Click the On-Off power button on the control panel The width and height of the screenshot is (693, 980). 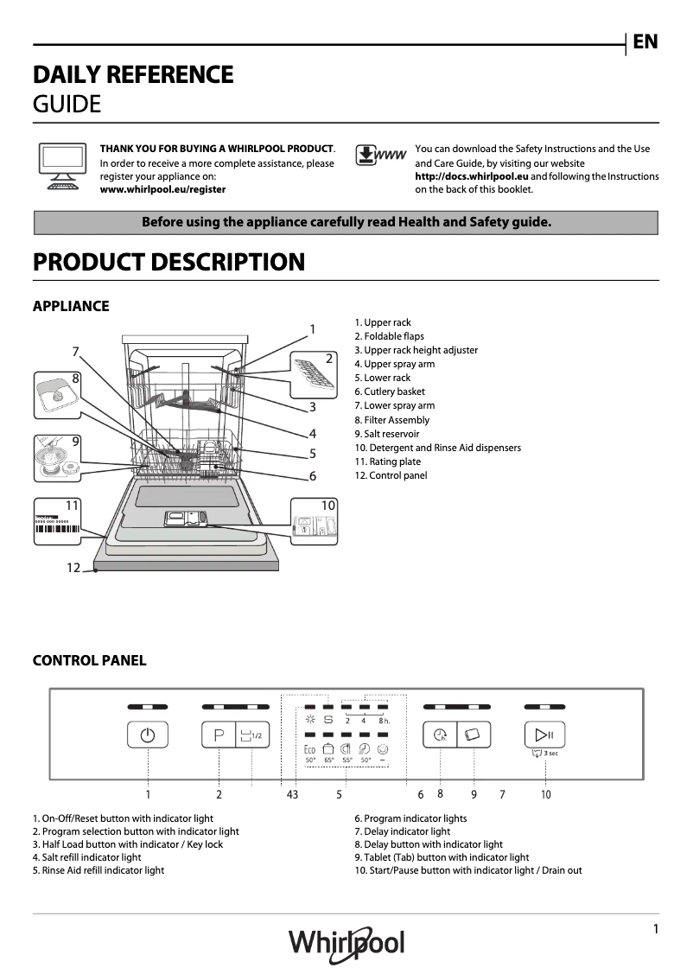(x=148, y=735)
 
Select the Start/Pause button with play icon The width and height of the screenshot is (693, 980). (x=544, y=735)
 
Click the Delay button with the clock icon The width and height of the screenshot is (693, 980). (x=440, y=735)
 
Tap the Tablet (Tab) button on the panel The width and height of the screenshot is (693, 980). (x=474, y=735)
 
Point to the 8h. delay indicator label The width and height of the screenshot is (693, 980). (x=384, y=720)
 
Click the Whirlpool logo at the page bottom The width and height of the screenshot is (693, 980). (x=346, y=942)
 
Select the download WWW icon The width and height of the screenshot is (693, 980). (x=380, y=156)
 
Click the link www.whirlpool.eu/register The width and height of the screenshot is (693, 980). (x=163, y=189)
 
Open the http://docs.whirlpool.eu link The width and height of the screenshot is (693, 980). (x=472, y=176)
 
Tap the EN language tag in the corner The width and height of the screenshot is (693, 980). (x=645, y=41)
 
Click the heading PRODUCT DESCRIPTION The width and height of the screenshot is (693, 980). (x=168, y=263)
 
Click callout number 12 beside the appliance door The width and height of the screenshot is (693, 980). (x=73, y=568)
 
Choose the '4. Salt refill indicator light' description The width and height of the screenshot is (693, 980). (x=86, y=857)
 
